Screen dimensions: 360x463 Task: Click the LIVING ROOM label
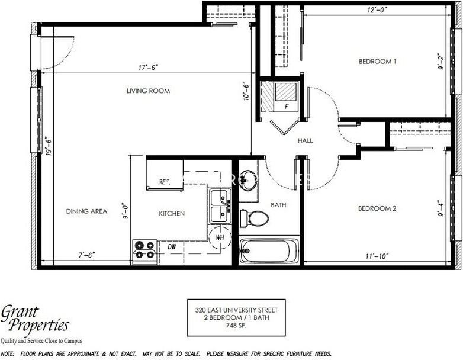coord(148,91)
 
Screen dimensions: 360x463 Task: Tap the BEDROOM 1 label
coord(377,62)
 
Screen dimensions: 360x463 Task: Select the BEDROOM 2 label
coord(377,208)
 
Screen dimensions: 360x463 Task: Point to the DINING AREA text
coord(86,211)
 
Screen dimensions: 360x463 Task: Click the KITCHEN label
coord(172,213)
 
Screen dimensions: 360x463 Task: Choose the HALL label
coord(306,140)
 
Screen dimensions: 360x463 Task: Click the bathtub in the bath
coord(269,251)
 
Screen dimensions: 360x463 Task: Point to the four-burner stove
coord(144,250)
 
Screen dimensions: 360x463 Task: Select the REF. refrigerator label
coord(164,182)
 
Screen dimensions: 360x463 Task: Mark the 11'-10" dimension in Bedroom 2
coord(377,256)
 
